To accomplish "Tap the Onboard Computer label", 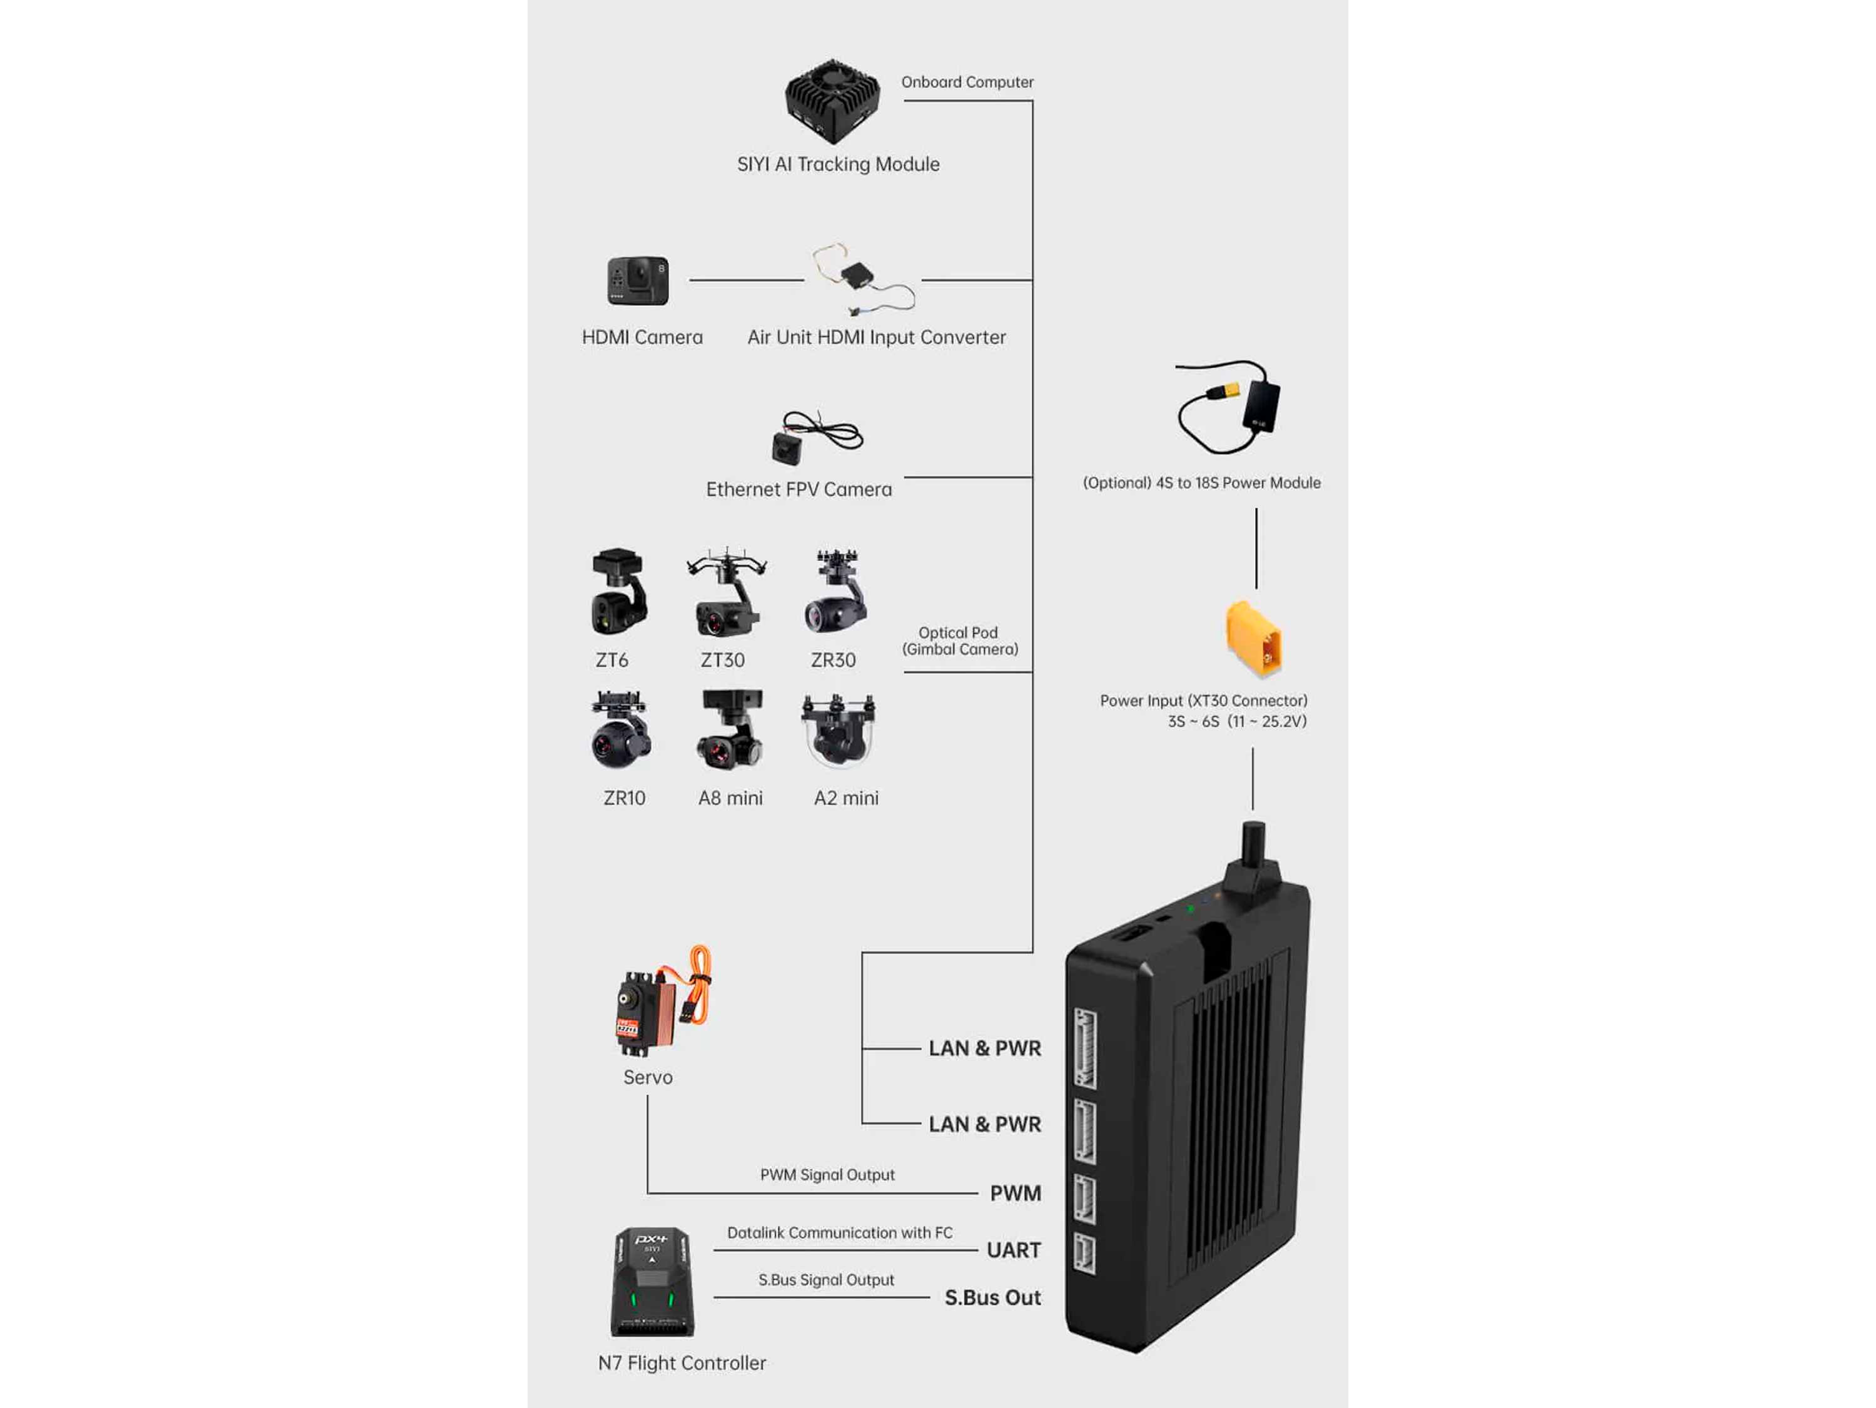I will coord(967,83).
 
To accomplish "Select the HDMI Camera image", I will coord(638,281).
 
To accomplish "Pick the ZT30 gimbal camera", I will coord(727,594).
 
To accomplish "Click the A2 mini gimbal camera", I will coord(839,731).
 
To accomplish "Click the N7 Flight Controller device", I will coord(652,1282).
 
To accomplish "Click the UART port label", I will coord(1014,1250).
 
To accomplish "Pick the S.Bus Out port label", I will coord(992,1298).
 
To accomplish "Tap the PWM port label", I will coord(1015,1193).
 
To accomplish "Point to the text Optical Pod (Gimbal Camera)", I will coord(959,641).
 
